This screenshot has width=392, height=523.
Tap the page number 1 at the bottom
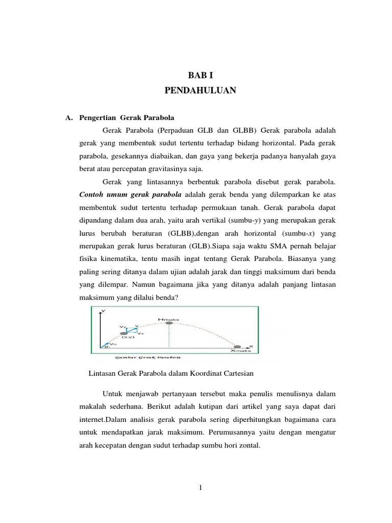pyautogui.click(x=201, y=487)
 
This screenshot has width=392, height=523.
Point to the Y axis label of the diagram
pyautogui.click(x=104, y=311)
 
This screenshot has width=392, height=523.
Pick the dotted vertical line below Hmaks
pyautogui.click(x=168, y=337)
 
